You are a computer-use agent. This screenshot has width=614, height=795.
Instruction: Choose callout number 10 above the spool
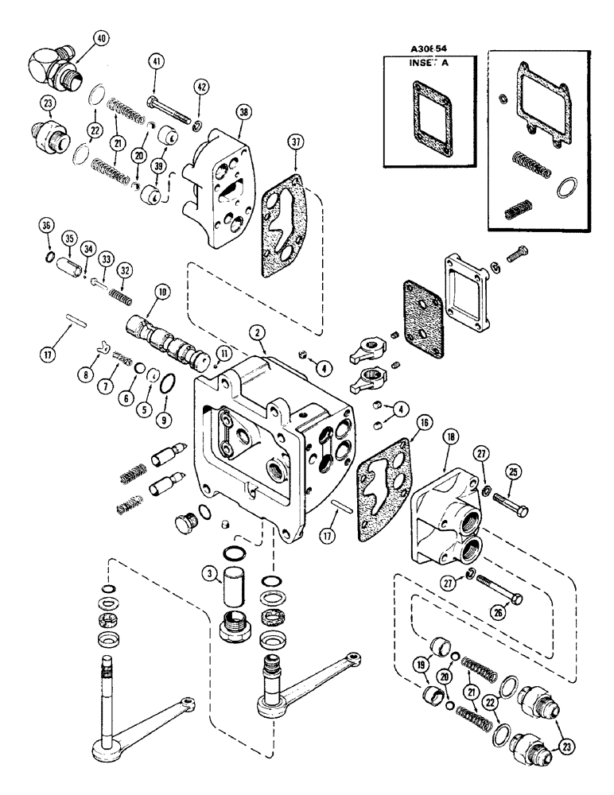click(x=163, y=293)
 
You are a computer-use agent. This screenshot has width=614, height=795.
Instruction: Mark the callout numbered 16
click(x=421, y=422)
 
